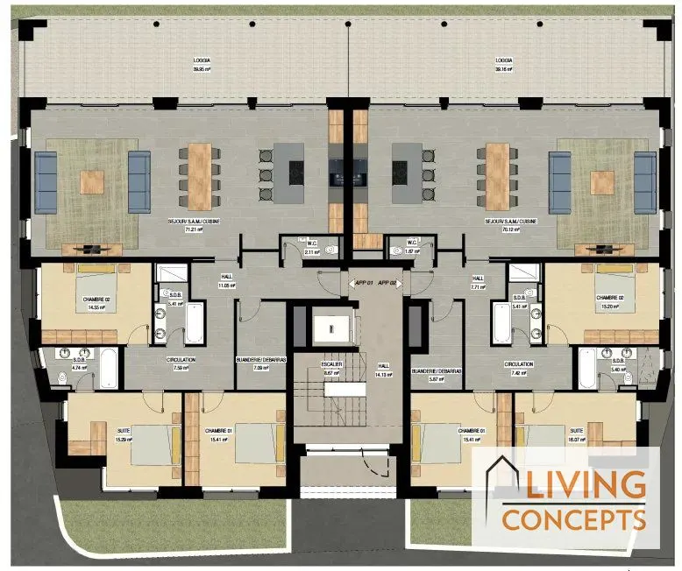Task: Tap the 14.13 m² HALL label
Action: [383, 370]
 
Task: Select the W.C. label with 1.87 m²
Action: [413, 247]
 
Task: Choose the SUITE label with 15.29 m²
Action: [122, 434]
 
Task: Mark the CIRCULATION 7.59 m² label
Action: [181, 363]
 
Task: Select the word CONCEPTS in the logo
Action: [574, 518]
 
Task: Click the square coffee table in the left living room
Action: [93, 181]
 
